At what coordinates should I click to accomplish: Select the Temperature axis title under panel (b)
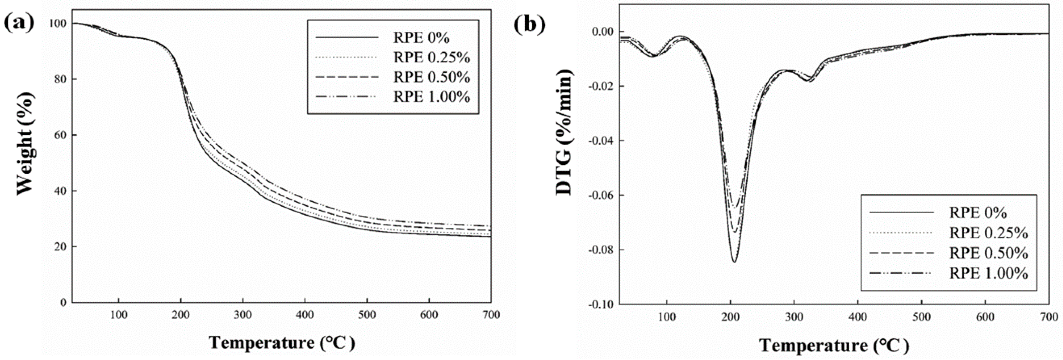pyautogui.click(x=834, y=345)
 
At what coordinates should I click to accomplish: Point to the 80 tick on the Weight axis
pyautogui.click(x=60, y=79)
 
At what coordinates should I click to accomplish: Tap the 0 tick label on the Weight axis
pyautogui.click(x=63, y=302)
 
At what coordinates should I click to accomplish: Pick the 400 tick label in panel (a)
pyautogui.click(x=305, y=315)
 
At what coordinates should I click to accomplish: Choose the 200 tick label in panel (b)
pyautogui.click(x=731, y=317)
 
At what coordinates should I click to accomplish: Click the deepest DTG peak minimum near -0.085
pyautogui.click(x=735, y=262)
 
